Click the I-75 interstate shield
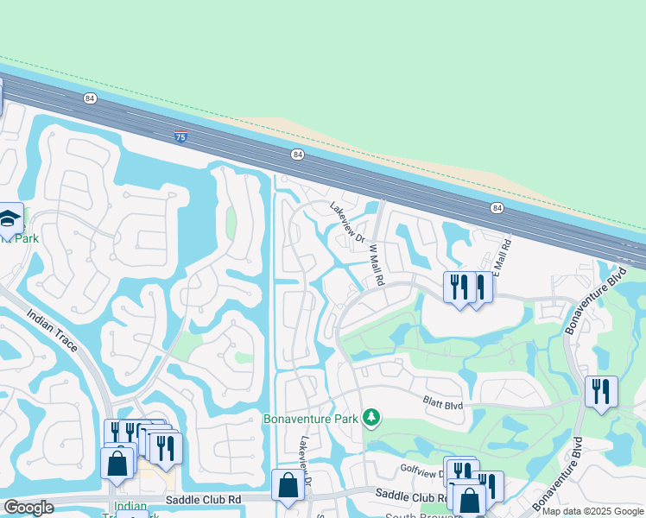[180, 136]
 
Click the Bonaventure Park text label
[309, 419]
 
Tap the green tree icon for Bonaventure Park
[371, 418]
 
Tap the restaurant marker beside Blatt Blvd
[600, 393]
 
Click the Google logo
[28, 508]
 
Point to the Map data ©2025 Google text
[593, 511]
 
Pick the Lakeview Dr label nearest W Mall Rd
[348, 221]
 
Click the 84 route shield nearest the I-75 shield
[90, 98]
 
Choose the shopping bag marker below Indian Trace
[117, 463]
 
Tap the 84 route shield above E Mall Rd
[497, 208]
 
